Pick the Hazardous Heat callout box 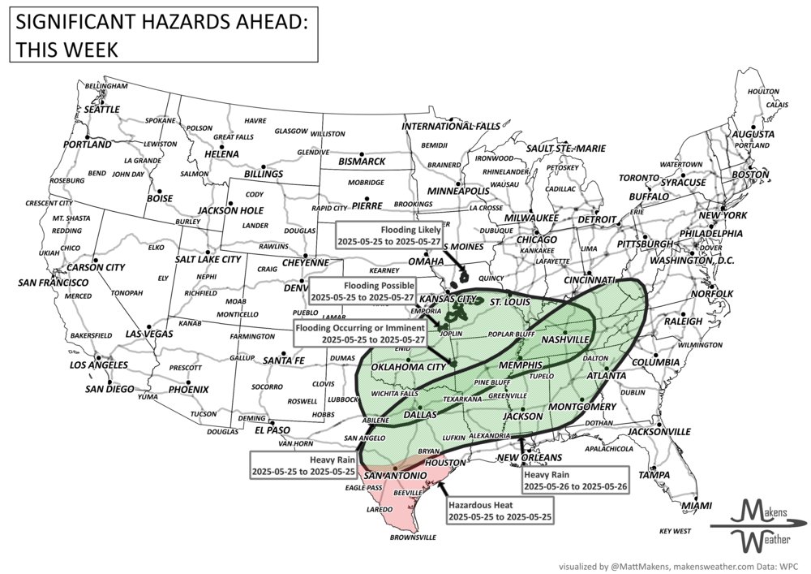500,511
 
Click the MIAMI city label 697,506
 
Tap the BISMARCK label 362,161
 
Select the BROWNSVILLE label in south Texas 414,537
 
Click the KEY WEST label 675,531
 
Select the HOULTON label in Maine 762,92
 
